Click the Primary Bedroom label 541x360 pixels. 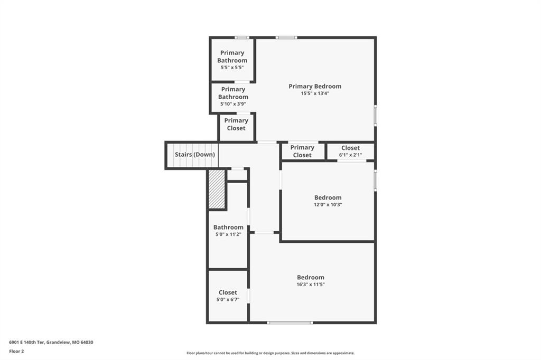click(x=315, y=86)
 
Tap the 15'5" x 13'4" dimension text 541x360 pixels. click(x=315, y=93)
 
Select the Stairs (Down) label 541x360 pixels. click(x=194, y=155)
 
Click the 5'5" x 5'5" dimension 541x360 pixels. click(x=232, y=68)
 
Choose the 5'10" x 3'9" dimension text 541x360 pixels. click(x=233, y=104)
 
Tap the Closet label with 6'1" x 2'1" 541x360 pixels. click(x=351, y=148)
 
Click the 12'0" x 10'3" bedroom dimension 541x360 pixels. click(x=328, y=204)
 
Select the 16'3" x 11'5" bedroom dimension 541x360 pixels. click(x=311, y=285)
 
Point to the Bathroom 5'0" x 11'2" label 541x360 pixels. click(x=228, y=227)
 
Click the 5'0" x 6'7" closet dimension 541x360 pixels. click(x=228, y=300)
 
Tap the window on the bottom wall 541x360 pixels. click(x=290, y=323)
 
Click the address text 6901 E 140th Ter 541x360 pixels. click(x=26, y=343)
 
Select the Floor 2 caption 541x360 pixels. click(x=16, y=352)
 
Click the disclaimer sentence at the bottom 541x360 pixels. click(x=270, y=353)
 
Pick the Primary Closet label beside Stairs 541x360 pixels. click(x=302, y=151)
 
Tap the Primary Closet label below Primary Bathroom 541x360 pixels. click(x=236, y=124)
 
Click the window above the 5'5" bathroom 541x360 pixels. click(x=242, y=37)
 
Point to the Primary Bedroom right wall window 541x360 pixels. click(x=376, y=116)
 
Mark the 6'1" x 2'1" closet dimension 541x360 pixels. click(x=351, y=155)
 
